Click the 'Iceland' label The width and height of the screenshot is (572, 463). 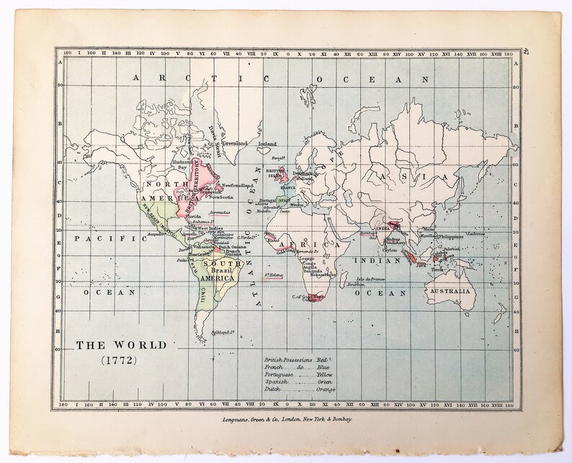point(268,143)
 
